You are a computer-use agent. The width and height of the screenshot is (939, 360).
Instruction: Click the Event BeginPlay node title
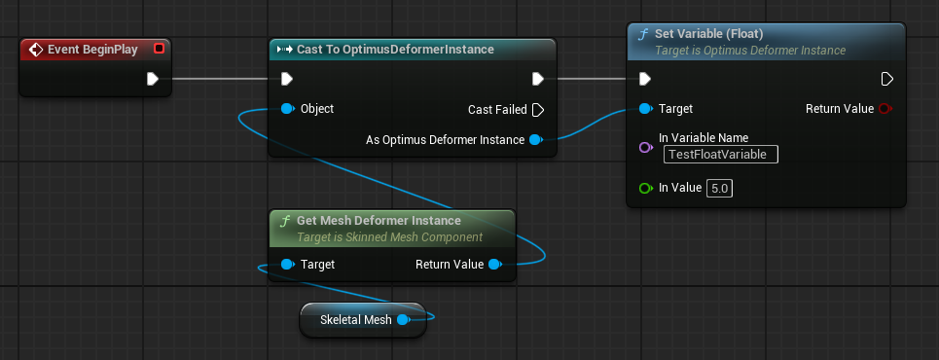click(x=92, y=50)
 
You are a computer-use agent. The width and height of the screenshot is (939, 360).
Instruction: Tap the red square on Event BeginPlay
click(x=159, y=49)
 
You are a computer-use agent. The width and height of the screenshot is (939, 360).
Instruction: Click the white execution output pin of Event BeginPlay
click(x=152, y=79)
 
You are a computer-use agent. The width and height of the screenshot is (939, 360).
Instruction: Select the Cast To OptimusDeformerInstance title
click(x=395, y=49)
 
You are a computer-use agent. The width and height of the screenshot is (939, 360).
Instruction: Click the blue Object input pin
click(x=288, y=108)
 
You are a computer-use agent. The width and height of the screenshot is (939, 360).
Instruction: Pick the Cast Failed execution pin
click(x=538, y=110)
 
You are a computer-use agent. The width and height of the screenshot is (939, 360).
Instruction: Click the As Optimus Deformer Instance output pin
click(x=536, y=139)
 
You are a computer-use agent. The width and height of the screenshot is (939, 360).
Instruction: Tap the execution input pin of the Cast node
click(x=287, y=79)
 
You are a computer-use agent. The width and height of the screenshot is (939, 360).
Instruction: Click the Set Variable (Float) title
click(x=709, y=34)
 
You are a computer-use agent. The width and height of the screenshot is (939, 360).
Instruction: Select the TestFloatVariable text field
click(x=721, y=155)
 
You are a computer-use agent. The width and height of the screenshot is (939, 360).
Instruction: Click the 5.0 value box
click(x=720, y=188)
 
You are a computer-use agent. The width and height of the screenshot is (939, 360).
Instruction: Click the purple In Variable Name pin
click(x=645, y=147)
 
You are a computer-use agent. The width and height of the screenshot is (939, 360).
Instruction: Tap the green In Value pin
click(x=645, y=188)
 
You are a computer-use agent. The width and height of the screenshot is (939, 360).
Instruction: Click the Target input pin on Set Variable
click(x=645, y=108)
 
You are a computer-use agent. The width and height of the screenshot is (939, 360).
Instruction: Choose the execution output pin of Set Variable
click(x=886, y=79)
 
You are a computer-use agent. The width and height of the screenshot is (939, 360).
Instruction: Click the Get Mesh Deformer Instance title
click(x=379, y=221)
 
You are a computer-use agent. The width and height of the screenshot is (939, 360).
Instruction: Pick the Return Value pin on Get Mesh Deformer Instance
click(x=494, y=264)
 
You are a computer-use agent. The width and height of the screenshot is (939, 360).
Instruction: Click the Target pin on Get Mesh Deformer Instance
click(x=288, y=264)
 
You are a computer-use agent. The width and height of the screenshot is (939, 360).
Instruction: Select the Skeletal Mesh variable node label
click(x=356, y=320)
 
